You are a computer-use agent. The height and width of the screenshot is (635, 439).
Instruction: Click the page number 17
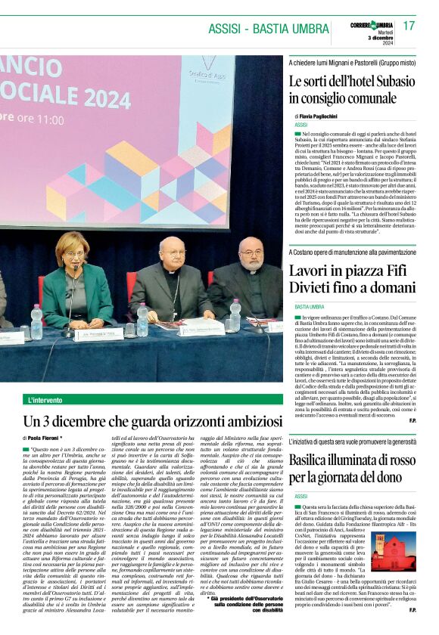(x=409, y=26)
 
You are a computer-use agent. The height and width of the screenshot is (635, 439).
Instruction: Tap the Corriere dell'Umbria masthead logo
(x=372, y=26)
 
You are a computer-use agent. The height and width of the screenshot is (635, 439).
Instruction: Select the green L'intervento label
(x=45, y=399)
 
